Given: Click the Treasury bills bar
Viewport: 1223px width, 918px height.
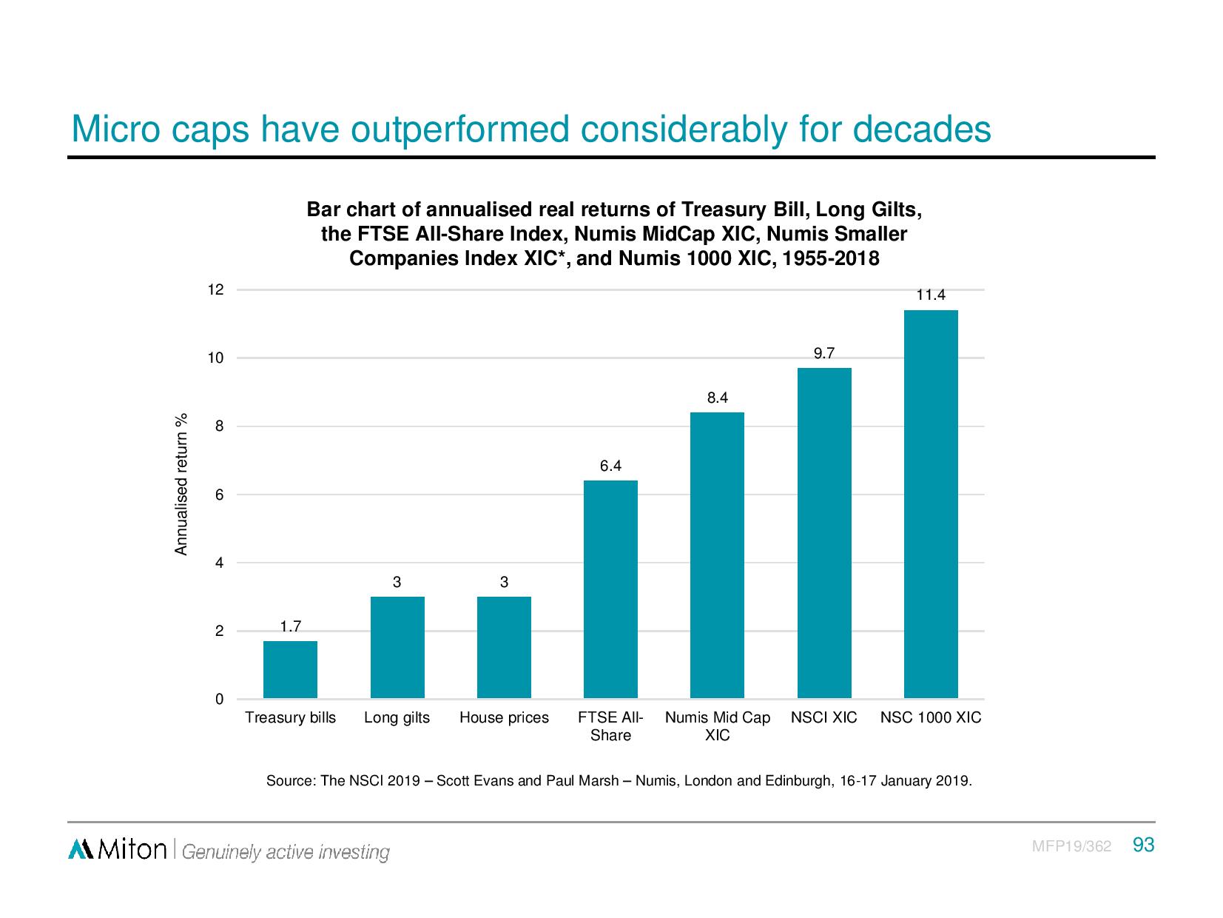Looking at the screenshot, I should coord(290,669).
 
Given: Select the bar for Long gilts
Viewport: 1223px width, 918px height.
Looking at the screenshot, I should coord(397,647).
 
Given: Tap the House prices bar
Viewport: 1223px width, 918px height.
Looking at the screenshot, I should coord(504,647).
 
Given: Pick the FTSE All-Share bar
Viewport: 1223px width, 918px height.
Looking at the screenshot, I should coord(610,589).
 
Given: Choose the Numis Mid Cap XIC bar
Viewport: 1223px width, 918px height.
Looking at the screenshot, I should coord(717,555).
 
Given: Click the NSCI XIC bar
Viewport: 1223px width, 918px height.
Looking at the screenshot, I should coord(824,533).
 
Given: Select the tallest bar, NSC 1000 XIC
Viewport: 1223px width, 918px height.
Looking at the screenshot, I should coord(931,504).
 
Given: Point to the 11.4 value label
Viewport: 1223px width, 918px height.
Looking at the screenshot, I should coord(931,295).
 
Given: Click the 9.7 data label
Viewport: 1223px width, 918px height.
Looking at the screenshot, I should coord(824,354).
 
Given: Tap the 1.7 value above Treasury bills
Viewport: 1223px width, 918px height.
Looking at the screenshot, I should coord(290,627).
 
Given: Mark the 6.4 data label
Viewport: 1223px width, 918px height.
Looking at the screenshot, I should coord(610,466).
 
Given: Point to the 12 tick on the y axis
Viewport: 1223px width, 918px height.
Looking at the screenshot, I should coord(215,290).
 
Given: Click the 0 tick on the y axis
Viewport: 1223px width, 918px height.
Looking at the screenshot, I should coord(219,700).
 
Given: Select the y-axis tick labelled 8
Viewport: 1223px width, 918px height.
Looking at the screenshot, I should coord(219,426).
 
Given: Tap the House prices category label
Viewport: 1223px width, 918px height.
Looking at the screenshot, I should coord(504,718).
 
